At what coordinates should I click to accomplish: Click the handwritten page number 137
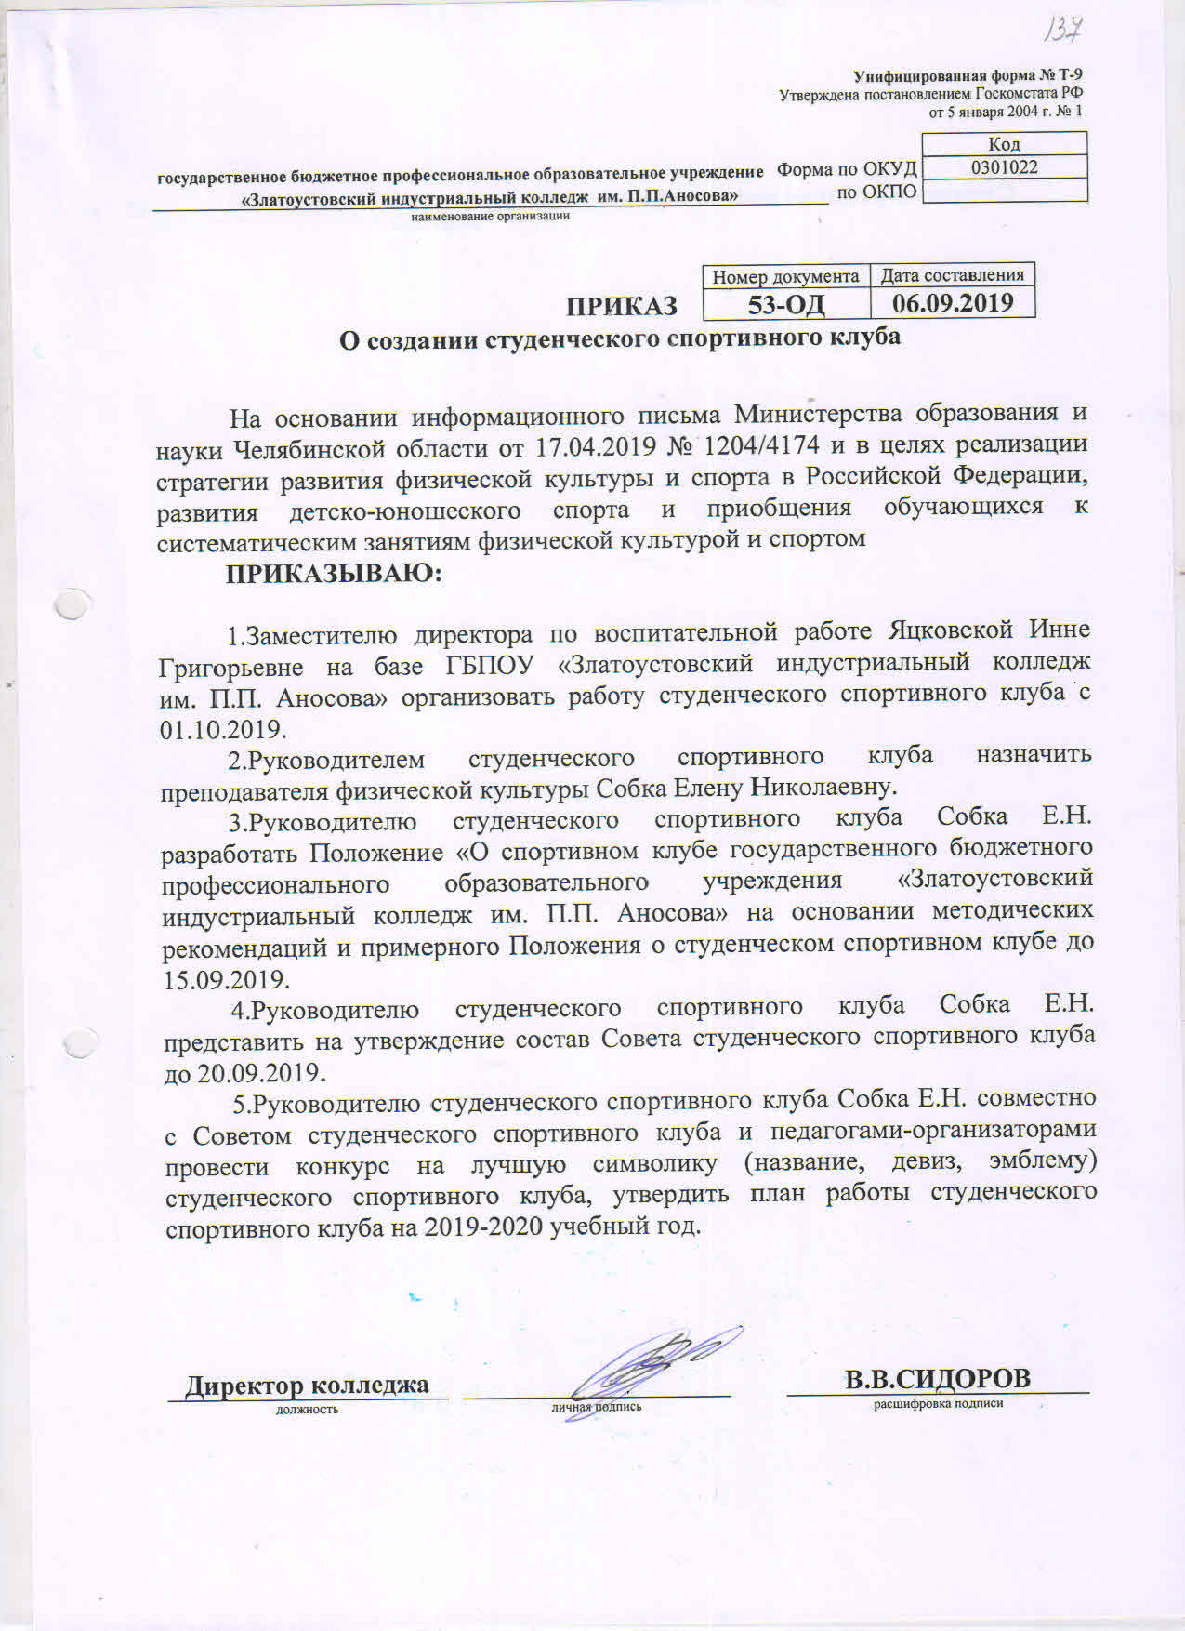click(1061, 30)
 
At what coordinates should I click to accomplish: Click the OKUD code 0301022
click(1004, 167)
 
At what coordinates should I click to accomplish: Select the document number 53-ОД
click(786, 304)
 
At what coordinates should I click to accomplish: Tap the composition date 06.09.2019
click(952, 302)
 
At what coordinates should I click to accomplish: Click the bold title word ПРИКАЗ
click(622, 306)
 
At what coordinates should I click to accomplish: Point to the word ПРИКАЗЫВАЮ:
click(334, 573)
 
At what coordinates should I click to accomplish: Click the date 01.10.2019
click(223, 728)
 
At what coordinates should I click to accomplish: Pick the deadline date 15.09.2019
click(226, 979)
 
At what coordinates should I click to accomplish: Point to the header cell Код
click(1004, 144)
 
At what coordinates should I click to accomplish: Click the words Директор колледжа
click(307, 1385)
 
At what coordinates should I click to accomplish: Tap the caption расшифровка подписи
click(938, 1403)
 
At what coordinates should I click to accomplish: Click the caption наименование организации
click(490, 217)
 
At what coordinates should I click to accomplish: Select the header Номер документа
click(785, 276)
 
